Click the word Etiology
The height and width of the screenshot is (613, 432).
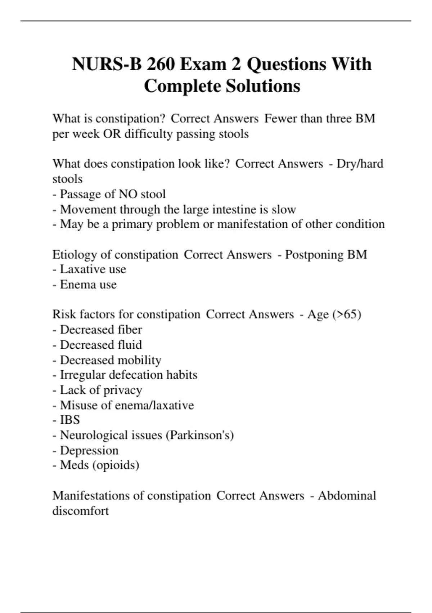click(75, 255)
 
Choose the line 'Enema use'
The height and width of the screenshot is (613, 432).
click(88, 285)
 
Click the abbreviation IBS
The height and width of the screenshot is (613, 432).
click(70, 420)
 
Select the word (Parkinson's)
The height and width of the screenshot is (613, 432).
click(200, 435)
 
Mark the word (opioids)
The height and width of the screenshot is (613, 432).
click(116, 465)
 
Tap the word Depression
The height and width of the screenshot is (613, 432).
click(89, 450)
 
